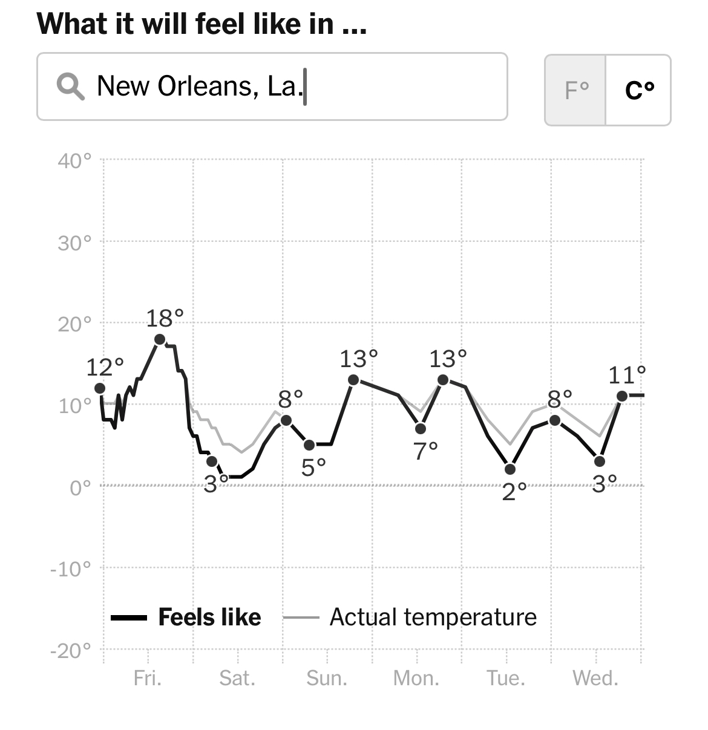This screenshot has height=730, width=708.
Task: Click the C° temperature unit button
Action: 638,90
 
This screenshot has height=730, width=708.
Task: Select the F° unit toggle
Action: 575,90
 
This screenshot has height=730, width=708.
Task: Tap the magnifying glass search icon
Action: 70,86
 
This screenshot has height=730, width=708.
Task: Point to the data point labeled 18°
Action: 160,339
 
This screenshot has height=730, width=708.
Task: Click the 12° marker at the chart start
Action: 100,388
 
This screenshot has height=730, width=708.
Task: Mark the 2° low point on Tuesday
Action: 510,469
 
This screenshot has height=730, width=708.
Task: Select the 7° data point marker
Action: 421,429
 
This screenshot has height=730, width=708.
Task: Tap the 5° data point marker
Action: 309,445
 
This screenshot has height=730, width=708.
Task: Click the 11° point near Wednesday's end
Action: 622,396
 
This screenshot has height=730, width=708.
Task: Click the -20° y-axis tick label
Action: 71,651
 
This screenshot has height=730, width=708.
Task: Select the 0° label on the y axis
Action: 80,487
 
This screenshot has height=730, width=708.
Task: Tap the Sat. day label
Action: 237,678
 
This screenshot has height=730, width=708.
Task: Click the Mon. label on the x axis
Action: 416,678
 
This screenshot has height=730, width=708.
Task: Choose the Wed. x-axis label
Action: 595,678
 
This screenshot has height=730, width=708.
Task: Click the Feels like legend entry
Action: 209,617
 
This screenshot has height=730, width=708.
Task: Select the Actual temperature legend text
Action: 433,617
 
